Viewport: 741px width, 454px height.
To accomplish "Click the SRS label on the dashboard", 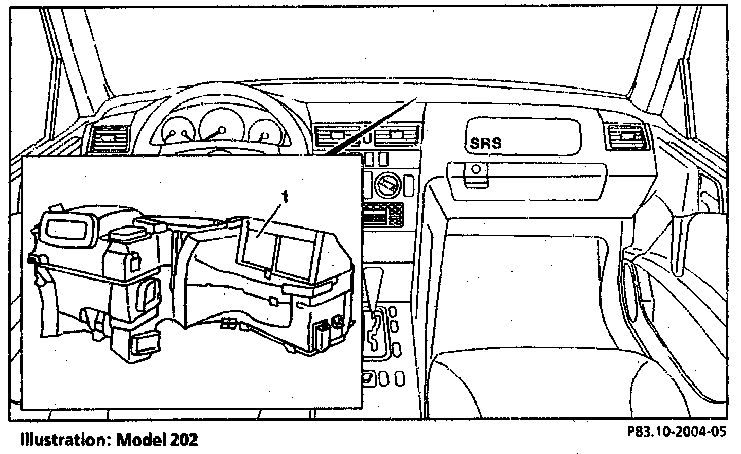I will pos(485,143).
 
